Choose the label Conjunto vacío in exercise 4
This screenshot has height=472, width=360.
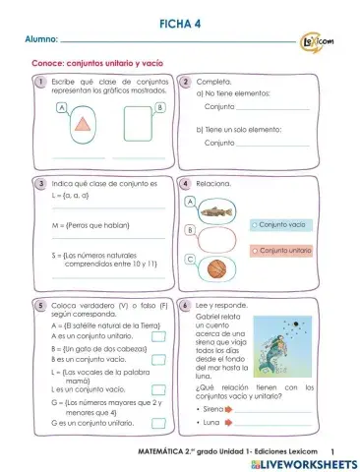[283, 224]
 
